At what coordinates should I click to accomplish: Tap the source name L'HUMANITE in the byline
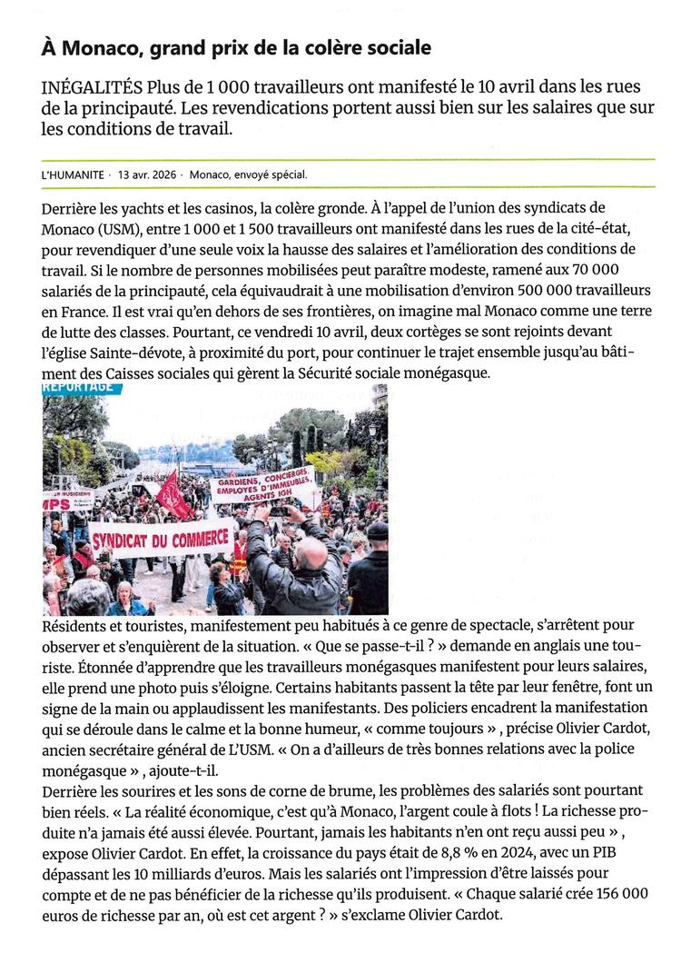72,174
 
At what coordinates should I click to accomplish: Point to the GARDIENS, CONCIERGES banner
262,484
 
